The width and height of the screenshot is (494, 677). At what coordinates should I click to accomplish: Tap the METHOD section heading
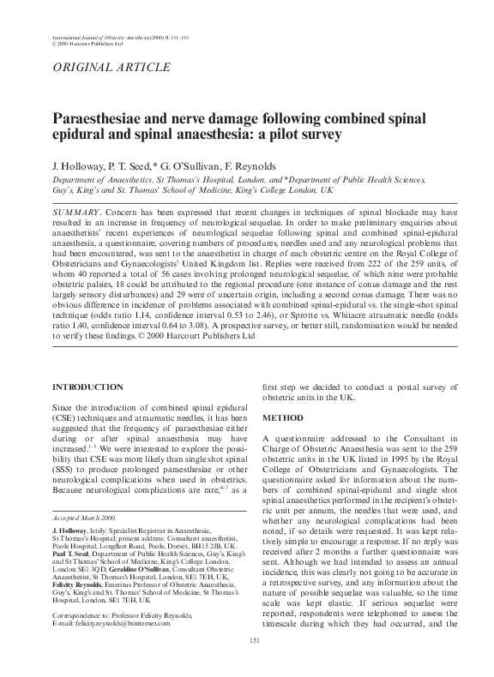281,417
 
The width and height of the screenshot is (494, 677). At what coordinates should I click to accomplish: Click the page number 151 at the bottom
254,662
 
